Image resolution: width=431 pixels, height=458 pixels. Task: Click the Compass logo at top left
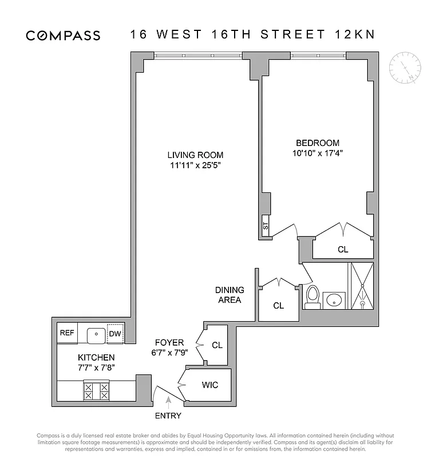point(63,35)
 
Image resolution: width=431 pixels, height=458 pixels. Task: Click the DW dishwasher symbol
point(115,334)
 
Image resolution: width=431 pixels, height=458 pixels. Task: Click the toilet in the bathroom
point(313,297)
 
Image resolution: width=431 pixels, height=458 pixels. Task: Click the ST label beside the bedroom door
point(265,226)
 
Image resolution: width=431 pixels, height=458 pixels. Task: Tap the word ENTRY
point(168,416)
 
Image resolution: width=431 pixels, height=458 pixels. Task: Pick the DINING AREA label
point(229,295)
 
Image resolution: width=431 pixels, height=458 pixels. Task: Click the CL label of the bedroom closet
point(343,250)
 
